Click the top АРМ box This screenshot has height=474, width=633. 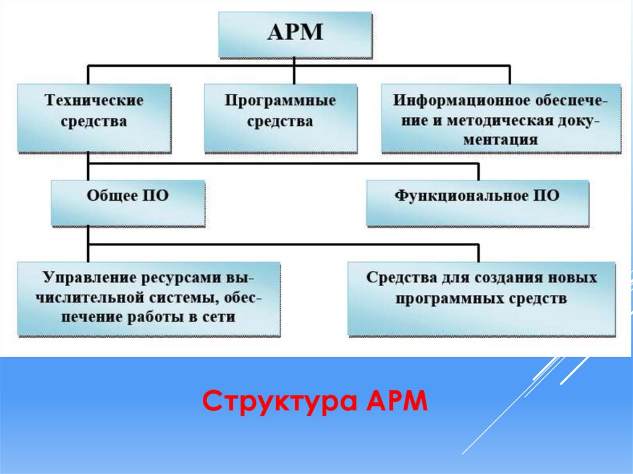[x=295, y=34]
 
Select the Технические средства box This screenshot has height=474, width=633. [x=93, y=118]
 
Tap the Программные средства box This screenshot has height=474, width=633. [x=280, y=118]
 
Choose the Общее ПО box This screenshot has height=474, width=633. [x=127, y=203]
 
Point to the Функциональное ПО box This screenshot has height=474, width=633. [x=477, y=203]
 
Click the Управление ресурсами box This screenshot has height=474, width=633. [x=148, y=298]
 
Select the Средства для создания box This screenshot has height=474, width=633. [x=482, y=297]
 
